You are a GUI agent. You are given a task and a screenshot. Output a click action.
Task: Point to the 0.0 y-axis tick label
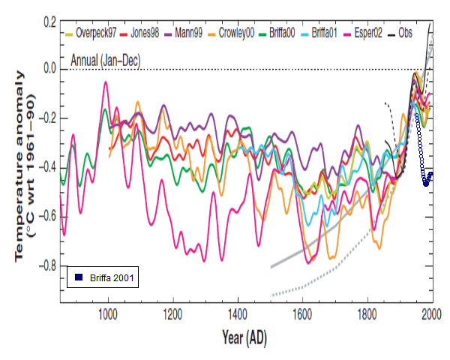pos(49,69)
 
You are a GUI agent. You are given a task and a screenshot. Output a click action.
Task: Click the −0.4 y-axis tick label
pos(46,168)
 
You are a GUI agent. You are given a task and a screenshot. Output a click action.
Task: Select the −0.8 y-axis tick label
pos(46,266)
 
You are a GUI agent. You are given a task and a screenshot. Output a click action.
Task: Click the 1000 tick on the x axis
pos(108,313)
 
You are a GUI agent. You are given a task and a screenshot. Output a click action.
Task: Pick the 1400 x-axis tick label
pos(237,313)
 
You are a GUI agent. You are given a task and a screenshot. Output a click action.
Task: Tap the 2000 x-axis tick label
pos(430,313)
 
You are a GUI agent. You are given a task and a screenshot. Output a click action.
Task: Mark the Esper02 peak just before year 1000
pos(105,82)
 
